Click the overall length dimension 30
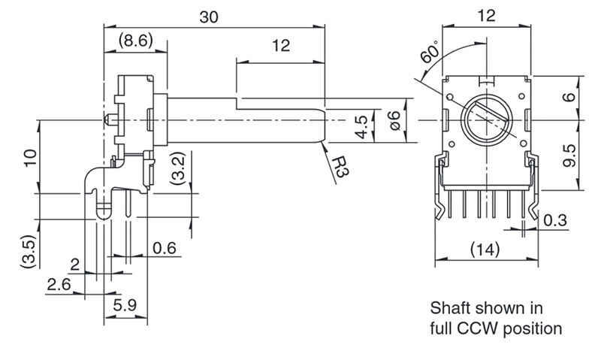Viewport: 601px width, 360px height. [209, 17]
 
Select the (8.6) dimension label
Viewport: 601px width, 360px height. [136, 40]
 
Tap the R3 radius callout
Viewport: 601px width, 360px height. [340, 167]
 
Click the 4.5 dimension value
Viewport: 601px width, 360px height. [362, 126]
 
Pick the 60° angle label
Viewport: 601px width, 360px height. [430, 52]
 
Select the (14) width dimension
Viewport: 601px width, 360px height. [485, 250]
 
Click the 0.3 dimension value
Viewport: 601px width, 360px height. [555, 220]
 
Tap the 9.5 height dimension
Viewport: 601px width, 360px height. [570, 156]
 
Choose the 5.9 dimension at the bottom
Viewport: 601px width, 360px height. [125, 305]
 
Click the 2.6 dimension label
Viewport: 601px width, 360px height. [59, 285]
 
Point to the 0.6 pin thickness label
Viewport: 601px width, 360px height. [165, 249]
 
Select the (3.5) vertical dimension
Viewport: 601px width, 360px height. [29, 252]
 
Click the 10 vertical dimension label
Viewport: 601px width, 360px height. [30, 158]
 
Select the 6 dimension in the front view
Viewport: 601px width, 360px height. [570, 96]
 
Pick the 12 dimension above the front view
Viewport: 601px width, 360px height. [486, 16]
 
